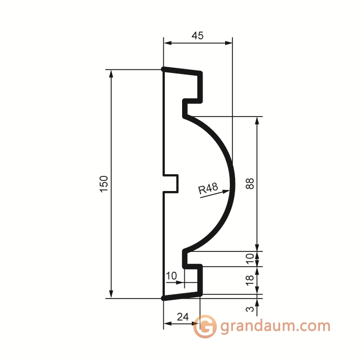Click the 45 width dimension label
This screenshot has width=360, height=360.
(197, 36)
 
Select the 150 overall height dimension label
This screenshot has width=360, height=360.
(104, 184)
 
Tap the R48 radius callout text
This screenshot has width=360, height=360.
(208, 188)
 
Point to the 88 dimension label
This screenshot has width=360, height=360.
(250, 184)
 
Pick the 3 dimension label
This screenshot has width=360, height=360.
(250, 309)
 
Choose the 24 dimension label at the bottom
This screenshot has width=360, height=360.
(183, 317)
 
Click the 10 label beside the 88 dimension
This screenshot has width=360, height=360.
(250, 259)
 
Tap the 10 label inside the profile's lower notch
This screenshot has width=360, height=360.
(171, 276)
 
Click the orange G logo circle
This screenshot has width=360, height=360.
(205, 326)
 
